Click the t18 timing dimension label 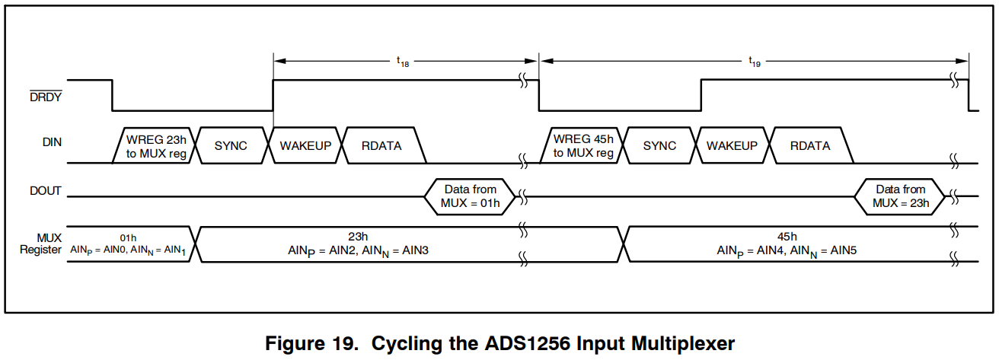pyautogui.click(x=403, y=64)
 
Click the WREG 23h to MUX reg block pyautogui.click(x=156, y=145)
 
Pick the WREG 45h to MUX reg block pyautogui.click(x=583, y=145)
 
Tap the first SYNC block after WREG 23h pyautogui.click(x=231, y=145)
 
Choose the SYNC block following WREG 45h pyautogui.click(x=659, y=145)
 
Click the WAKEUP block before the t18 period pyautogui.click(x=305, y=145)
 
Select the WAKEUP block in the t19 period pyautogui.click(x=732, y=145)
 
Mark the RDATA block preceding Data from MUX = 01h pyautogui.click(x=382, y=145)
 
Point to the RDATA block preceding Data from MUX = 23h pyautogui.click(x=810, y=145)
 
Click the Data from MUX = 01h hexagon pyautogui.click(x=471, y=196)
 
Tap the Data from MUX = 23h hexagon pyautogui.click(x=900, y=196)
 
